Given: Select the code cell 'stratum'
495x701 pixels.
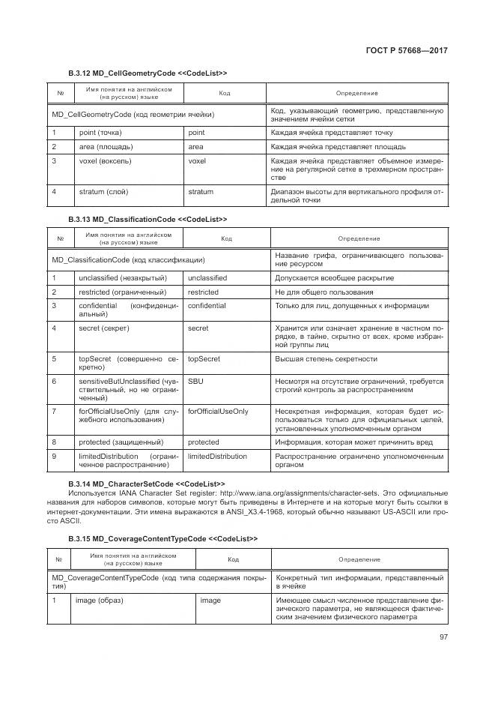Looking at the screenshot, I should (200, 192).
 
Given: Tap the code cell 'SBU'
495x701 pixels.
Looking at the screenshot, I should (195, 381).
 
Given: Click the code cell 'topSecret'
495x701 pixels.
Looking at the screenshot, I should (203, 358).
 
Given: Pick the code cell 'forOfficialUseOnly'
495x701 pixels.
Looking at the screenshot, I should (218, 412).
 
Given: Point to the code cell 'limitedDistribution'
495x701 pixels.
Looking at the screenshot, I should (217, 456).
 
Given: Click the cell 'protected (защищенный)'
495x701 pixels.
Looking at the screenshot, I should (121, 442).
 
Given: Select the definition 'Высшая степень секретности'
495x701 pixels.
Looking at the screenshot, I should (326, 358).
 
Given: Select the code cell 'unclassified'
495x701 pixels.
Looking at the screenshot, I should (207, 277).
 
